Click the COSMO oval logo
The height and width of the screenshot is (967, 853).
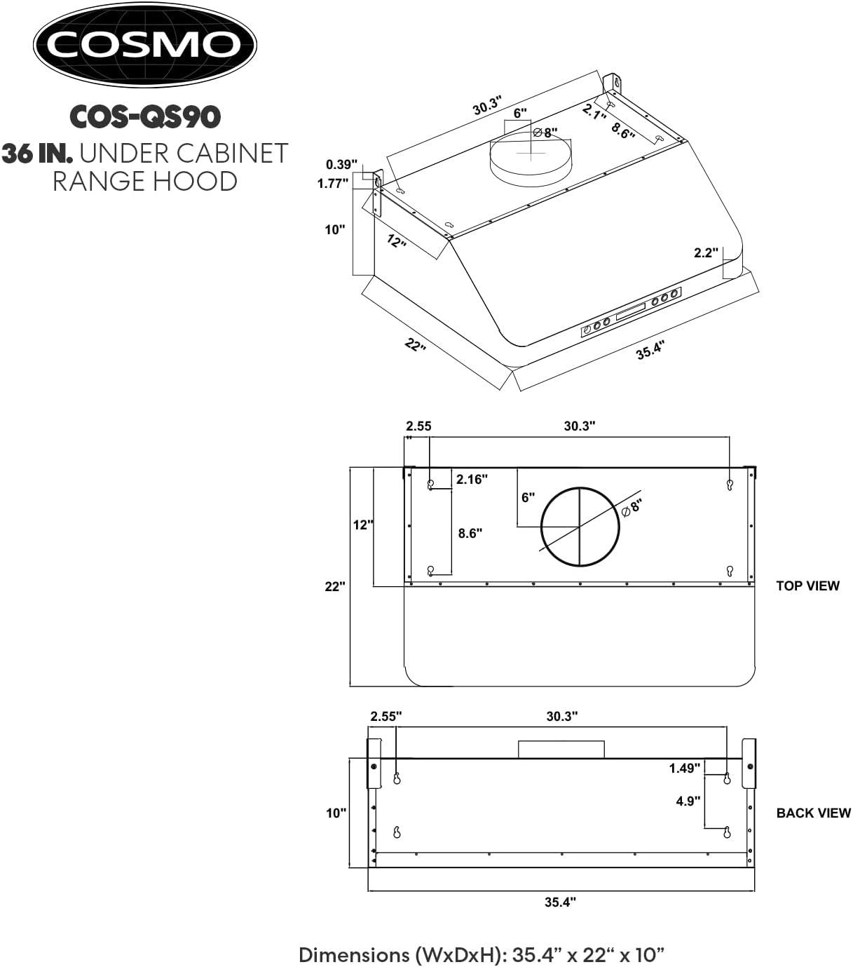tap(145, 45)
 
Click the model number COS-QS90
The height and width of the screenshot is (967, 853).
tap(145, 116)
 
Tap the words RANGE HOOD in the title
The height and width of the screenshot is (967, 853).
tap(145, 181)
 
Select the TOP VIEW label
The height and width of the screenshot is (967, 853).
tap(807, 586)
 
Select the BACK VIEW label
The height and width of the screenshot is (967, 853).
tap(813, 813)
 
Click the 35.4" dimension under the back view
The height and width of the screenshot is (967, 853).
tap(560, 902)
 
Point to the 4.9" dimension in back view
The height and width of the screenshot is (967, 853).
tap(688, 800)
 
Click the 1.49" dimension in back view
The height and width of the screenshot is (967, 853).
tap(684, 768)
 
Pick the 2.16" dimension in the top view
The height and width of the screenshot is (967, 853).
tap(472, 480)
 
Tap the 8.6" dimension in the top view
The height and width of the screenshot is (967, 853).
tap(470, 533)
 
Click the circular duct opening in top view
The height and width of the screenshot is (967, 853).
tap(580, 526)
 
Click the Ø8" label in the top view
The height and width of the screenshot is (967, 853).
tap(632, 506)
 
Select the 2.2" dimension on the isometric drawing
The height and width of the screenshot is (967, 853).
tap(706, 252)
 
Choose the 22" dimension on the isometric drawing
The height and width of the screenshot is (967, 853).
tap(414, 345)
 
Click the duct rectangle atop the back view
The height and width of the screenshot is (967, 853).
tap(561, 749)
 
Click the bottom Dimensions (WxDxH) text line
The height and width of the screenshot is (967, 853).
tap(482, 954)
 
